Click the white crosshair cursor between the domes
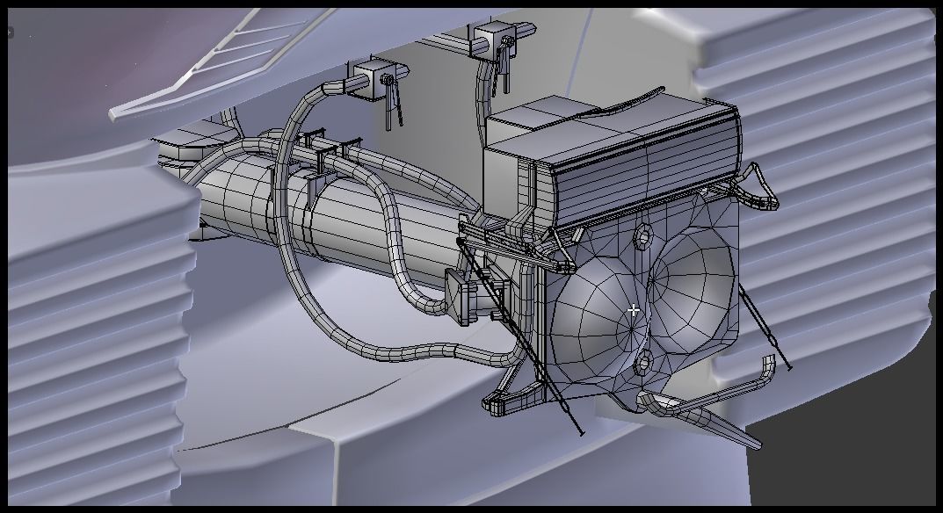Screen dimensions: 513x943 (634, 310)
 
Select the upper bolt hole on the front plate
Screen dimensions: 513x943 (644, 235)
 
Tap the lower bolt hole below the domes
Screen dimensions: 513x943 (642, 363)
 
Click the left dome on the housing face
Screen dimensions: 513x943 (598, 312)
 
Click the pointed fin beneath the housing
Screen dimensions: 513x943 (703, 419)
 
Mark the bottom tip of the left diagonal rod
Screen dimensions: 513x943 (580, 433)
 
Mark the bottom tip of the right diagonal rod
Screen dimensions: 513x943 (787, 367)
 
